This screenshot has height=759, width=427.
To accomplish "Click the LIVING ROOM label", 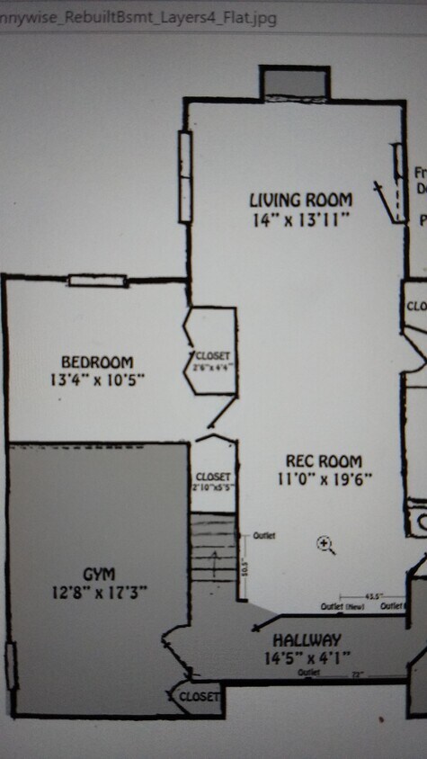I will [300, 200].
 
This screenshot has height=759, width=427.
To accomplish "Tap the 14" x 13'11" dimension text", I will [300, 219].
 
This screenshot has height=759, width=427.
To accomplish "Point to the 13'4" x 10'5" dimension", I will [98, 379].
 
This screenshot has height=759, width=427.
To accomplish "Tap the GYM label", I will [98, 574].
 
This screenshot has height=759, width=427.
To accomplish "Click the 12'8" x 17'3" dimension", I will [98, 592].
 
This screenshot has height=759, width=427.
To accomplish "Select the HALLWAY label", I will [307, 640].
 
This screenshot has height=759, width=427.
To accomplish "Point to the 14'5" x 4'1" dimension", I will [307, 657].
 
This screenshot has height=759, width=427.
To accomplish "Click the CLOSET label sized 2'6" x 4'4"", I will [213, 356].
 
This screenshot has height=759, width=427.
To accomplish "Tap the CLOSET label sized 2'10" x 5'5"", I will [213, 477].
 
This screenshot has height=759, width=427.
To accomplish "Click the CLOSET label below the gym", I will [199, 697].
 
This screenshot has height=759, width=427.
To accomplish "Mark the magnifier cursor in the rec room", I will [325, 543].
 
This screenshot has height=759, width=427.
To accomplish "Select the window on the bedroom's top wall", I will [96, 281].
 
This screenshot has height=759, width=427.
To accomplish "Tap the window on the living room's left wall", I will [184, 177].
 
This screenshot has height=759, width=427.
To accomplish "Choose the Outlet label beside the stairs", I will [264, 536].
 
